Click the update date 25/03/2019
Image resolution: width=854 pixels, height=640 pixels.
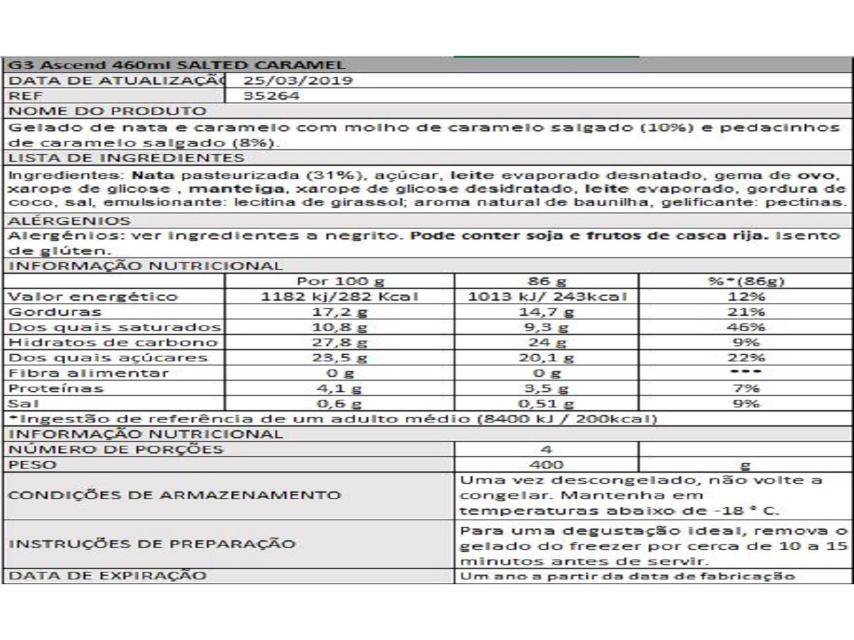[298, 81]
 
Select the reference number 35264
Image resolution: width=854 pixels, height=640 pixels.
[272, 96]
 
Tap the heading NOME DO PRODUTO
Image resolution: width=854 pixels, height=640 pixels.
[108, 111]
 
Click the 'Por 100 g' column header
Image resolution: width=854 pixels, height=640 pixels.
[340, 281]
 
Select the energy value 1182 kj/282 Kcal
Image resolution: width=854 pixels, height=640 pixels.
[340, 297]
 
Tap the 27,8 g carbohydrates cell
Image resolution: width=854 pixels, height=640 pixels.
[340, 342]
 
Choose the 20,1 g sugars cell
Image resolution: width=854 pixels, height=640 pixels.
[547, 357]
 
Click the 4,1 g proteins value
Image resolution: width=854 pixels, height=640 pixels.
[340, 388]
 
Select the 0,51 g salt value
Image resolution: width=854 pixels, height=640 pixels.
[547, 403]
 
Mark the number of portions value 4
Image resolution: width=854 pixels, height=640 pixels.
[547, 449]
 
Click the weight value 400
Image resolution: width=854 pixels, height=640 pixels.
[547, 465]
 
